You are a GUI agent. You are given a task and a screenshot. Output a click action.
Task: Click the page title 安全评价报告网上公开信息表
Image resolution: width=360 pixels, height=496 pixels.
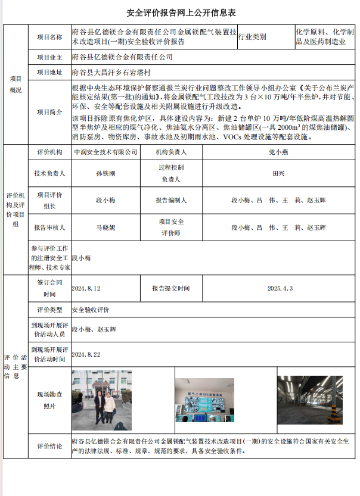pyautogui.click(x=181, y=13)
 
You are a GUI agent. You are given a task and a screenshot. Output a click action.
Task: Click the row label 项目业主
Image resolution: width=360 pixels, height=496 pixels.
pyautogui.click(x=49, y=58)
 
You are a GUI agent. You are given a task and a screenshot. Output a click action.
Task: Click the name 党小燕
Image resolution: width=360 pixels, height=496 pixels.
pyautogui.click(x=278, y=153)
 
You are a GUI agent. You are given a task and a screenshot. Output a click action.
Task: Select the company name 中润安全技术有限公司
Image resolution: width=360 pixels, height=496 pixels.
pyautogui.click(x=105, y=153)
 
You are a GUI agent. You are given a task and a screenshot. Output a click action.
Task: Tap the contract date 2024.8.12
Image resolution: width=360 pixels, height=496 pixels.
pyautogui.click(x=86, y=288)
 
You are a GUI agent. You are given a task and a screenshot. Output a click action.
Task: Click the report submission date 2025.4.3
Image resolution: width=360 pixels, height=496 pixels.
pyautogui.click(x=280, y=288)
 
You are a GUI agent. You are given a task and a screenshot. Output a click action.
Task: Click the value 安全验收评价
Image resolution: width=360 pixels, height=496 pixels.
pyautogui.click(x=91, y=310)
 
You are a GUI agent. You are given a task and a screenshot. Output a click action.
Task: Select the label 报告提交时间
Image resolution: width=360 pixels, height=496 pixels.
pyautogui.click(x=170, y=288)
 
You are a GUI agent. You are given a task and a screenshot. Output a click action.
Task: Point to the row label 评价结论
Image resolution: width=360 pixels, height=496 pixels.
pyautogui.click(x=49, y=446)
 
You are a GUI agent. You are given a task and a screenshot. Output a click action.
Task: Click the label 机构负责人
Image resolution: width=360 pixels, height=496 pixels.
pyautogui.click(x=171, y=153)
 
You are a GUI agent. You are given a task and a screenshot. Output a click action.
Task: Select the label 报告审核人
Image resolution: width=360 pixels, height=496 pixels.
pyautogui.click(x=49, y=227)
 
